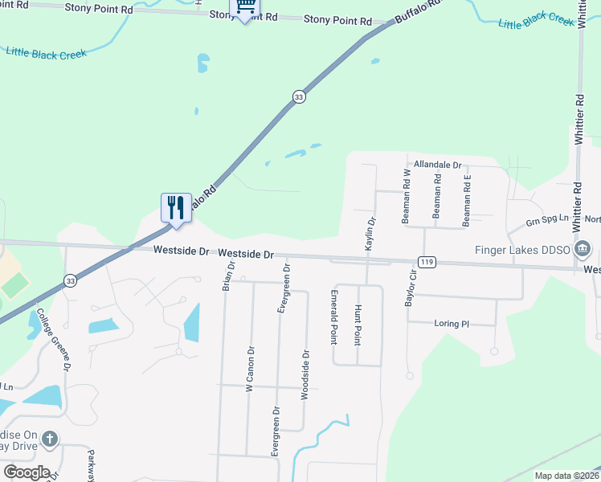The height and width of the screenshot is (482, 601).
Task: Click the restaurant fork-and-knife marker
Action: (175, 208)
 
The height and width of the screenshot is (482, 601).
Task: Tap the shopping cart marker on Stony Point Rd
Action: (244, 9)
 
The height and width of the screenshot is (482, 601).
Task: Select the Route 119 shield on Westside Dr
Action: (427, 262)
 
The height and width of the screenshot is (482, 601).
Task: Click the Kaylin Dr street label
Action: (370, 234)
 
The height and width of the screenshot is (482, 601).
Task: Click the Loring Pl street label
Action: (452, 324)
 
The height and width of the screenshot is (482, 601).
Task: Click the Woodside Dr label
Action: (305, 374)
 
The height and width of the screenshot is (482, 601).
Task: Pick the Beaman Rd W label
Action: (407, 196)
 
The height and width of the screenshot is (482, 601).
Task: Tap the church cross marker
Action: (50, 439)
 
